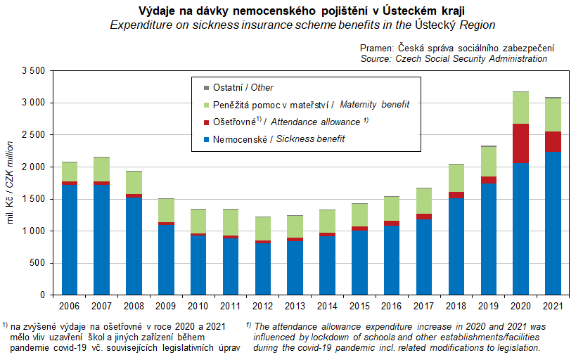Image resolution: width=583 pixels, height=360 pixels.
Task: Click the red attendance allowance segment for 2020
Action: click(x=521, y=143)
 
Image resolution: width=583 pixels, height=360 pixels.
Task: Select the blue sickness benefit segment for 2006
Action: click(x=69, y=240)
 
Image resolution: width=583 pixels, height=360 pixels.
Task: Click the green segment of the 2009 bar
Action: click(x=166, y=210)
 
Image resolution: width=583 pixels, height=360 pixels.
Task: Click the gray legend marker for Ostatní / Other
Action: click(x=205, y=88)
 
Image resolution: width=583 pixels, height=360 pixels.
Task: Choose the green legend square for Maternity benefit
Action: click(x=205, y=105)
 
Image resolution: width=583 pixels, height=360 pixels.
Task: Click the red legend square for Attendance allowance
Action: click(x=205, y=122)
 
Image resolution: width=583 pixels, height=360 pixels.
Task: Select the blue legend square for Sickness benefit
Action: click(x=205, y=139)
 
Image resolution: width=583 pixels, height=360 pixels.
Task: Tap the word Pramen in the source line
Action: click(x=378, y=48)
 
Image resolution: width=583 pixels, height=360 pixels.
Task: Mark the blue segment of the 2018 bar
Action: click(x=456, y=246)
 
